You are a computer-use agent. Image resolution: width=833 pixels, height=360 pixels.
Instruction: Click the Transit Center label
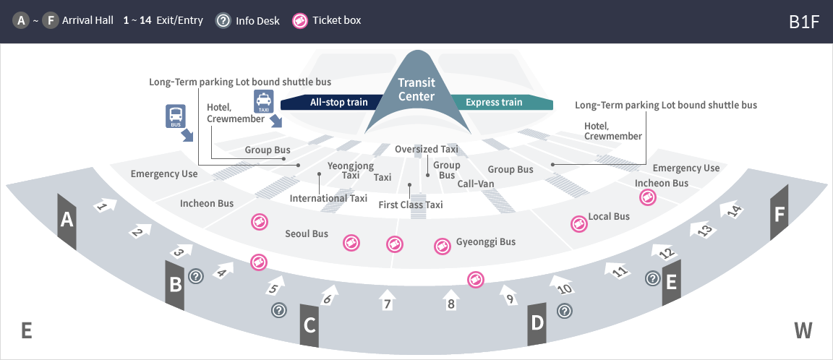[416, 90]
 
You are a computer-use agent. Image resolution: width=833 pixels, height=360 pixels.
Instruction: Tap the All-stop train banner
[338, 103]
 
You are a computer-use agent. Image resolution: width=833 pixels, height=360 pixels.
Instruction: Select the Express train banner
[494, 103]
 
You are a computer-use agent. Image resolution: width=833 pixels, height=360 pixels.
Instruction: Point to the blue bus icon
[176, 116]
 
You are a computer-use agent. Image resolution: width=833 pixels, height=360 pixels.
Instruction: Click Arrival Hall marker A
[67, 220]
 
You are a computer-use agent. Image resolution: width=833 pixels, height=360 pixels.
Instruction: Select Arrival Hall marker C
[309, 325]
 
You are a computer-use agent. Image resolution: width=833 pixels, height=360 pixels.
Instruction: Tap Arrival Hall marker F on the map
[779, 214]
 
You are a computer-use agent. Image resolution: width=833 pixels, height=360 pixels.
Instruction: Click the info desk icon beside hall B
[195, 275]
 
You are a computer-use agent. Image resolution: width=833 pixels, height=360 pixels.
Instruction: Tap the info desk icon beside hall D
[565, 311]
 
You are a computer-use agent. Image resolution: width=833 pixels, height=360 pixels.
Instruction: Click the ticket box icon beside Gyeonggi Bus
[441, 247]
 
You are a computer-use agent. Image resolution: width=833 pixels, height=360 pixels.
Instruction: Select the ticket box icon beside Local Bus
[578, 223]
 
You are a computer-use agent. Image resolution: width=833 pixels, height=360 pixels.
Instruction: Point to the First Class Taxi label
[411, 205]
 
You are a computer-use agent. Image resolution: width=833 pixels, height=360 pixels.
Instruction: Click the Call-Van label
[476, 184]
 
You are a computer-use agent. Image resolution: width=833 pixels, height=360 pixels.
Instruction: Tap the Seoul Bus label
[307, 233]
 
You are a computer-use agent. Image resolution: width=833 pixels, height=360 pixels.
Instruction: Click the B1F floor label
[804, 21]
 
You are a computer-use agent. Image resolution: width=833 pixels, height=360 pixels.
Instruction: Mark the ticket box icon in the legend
[300, 21]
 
